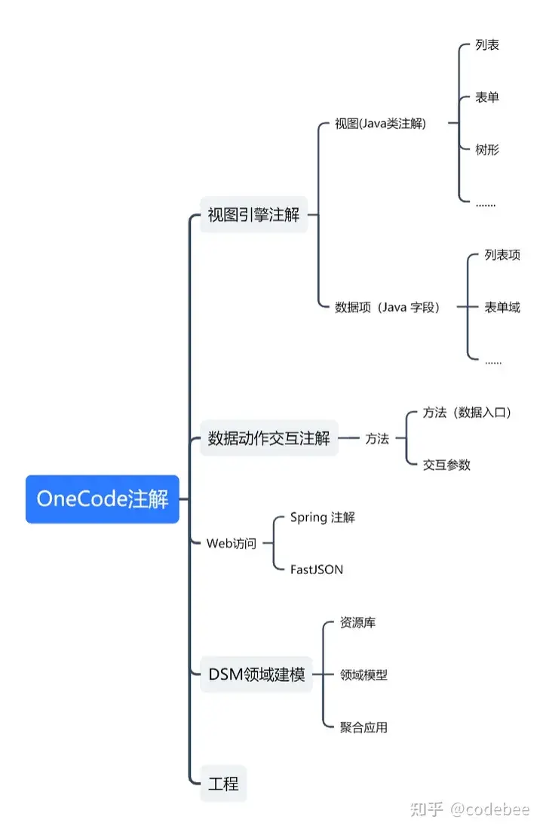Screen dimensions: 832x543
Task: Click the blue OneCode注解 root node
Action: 103,499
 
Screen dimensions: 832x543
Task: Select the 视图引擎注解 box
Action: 254,215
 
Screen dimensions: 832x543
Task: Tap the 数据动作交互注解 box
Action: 268,438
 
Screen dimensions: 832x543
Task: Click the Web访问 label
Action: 232,542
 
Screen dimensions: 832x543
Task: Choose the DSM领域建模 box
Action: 256,675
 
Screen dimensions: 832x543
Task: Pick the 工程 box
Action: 223,784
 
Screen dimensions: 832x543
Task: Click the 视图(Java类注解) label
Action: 381,124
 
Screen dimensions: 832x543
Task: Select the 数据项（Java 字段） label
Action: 388,307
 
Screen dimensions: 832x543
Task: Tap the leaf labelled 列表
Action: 487,45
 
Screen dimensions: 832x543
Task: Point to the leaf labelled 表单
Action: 487,97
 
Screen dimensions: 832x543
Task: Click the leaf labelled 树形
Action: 487,149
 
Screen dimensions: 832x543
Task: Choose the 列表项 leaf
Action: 502,255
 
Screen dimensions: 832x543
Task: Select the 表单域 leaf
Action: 502,307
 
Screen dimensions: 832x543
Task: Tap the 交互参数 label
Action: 447,465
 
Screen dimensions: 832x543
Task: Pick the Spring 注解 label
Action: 323,517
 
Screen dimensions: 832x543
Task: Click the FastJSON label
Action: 317,570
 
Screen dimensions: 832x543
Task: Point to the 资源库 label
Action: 358,623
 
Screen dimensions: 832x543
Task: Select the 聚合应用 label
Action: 364,727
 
